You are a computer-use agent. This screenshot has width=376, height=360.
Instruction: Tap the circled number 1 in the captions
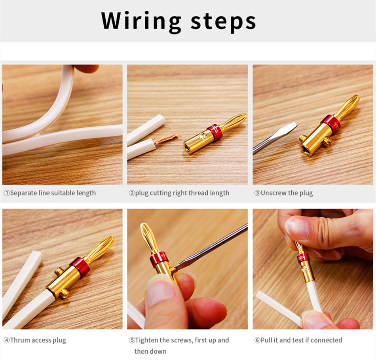pos(7,193)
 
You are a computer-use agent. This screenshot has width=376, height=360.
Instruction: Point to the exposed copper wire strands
pos(166,138)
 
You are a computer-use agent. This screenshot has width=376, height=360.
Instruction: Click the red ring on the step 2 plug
pos(215,132)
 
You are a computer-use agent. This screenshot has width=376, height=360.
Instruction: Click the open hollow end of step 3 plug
pos(307,150)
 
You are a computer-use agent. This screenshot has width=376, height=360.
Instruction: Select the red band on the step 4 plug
pos(81,266)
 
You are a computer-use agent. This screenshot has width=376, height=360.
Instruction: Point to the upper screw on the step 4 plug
pos(59,271)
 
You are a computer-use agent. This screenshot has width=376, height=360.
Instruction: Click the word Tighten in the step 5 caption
pos(146,340)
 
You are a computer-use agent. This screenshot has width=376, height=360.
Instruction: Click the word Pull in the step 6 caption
pos(266,340)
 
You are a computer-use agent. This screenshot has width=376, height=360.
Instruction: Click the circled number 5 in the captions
pos(132,340)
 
